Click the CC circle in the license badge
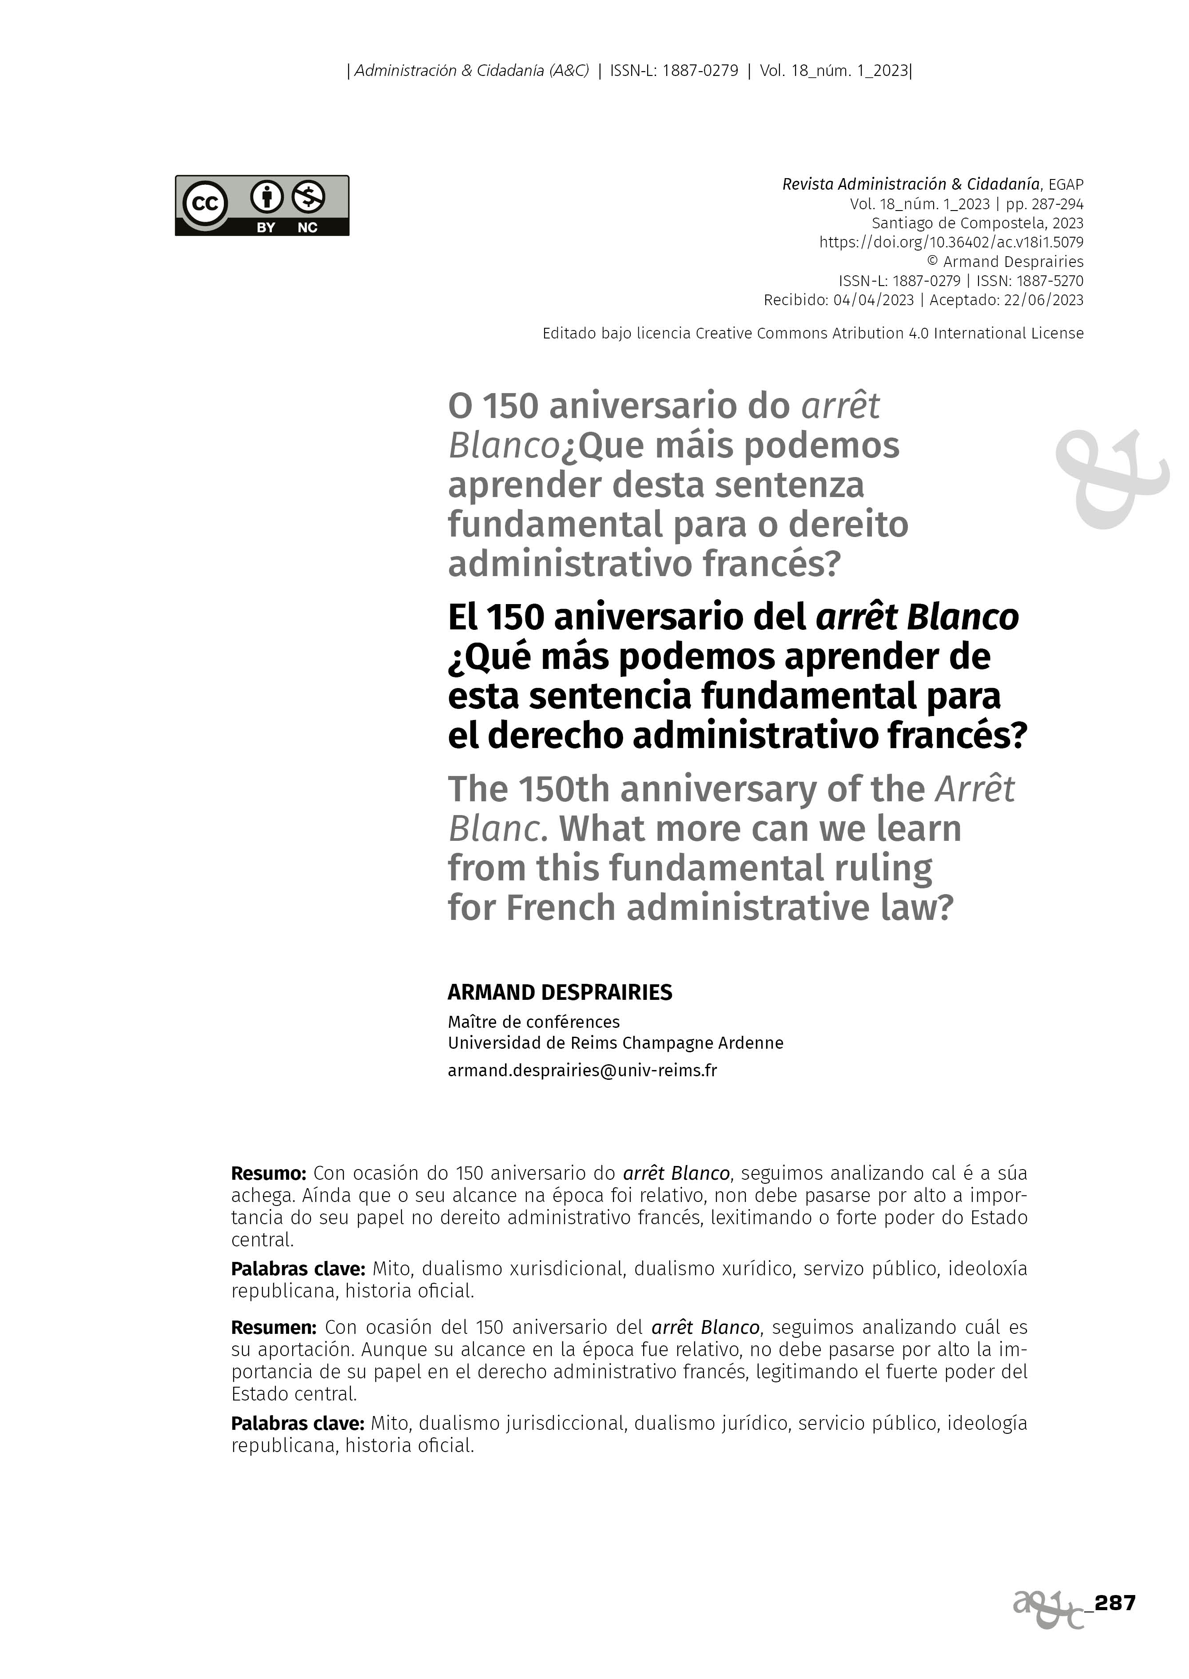click(x=205, y=204)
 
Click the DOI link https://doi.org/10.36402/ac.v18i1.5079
click(x=951, y=243)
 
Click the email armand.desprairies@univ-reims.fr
click(x=582, y=1070)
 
